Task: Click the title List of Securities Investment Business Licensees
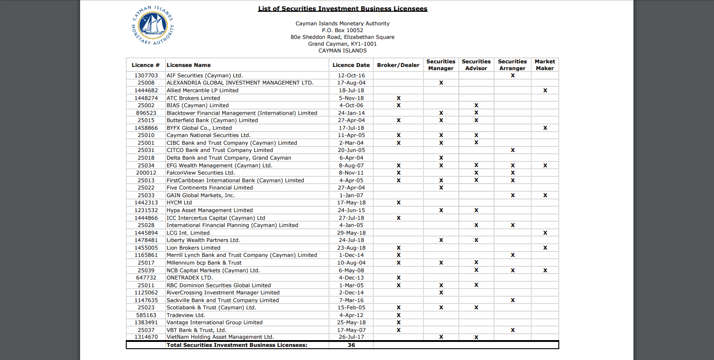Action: [343, 9]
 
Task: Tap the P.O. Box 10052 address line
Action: [343, 30]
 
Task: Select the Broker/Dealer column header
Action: [398, 65]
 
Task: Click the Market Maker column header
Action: [545, 65]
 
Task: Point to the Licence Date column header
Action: [351, 65]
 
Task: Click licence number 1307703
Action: [146, 76]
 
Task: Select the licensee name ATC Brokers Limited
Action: [193, 98]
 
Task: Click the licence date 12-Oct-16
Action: [351, 76]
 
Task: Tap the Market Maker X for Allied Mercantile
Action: [545, 90]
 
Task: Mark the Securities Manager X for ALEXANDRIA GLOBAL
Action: [441, 83]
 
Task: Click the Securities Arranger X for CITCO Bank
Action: [513, 150]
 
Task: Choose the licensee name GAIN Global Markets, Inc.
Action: [200, 195]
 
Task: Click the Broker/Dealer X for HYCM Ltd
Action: [399, 203]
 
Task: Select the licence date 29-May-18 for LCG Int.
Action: [351, 233]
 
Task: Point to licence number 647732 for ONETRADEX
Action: [146, 278]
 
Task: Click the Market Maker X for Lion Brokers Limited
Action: [545, 248]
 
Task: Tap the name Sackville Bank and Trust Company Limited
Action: [223, 300]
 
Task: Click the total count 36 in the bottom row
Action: [351, 345]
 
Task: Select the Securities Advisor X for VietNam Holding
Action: [476, 337]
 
